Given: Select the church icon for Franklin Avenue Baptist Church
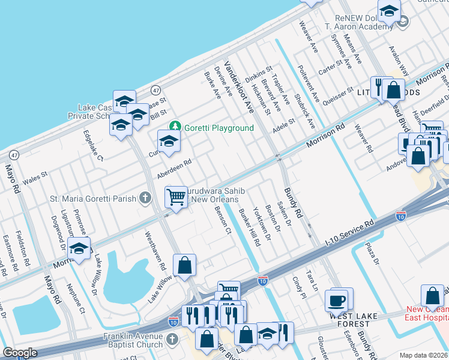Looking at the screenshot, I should pyautogui.click(x=172, y=340).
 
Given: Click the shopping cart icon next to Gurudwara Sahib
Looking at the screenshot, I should pyautogui.click(x=176, y=196).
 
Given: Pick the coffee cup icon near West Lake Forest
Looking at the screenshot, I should pyautogui.click(x=337, y=299).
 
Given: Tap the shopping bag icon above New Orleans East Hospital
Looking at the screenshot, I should pyautogui.click(x=432, y=295).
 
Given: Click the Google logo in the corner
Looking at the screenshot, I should pyautogui.click(x=20, y=353).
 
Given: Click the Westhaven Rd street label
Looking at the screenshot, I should pyautogui.click(x=154, y=249).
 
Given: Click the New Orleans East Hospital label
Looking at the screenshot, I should pyautogui.click(x=427, y=314).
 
